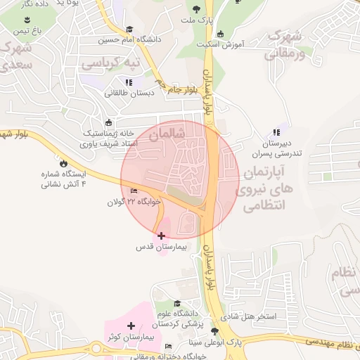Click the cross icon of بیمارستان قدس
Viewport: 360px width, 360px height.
[162, 236]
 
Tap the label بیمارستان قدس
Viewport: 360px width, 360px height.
[160, 248]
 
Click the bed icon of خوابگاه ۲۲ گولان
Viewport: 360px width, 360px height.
[134, 191]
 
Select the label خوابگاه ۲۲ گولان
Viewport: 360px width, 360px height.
[134, 202]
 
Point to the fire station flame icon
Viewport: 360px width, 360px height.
[64, 162]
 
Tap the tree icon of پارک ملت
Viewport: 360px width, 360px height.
[195, 10]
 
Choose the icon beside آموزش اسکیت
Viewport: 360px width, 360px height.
[221, 33]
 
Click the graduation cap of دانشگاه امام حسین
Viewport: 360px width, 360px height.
[129, 29]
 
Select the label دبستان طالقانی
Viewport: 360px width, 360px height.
[128, 93]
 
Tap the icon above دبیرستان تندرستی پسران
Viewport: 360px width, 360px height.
[276, 131]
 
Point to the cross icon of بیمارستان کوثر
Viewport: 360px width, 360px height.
[131, 326]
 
